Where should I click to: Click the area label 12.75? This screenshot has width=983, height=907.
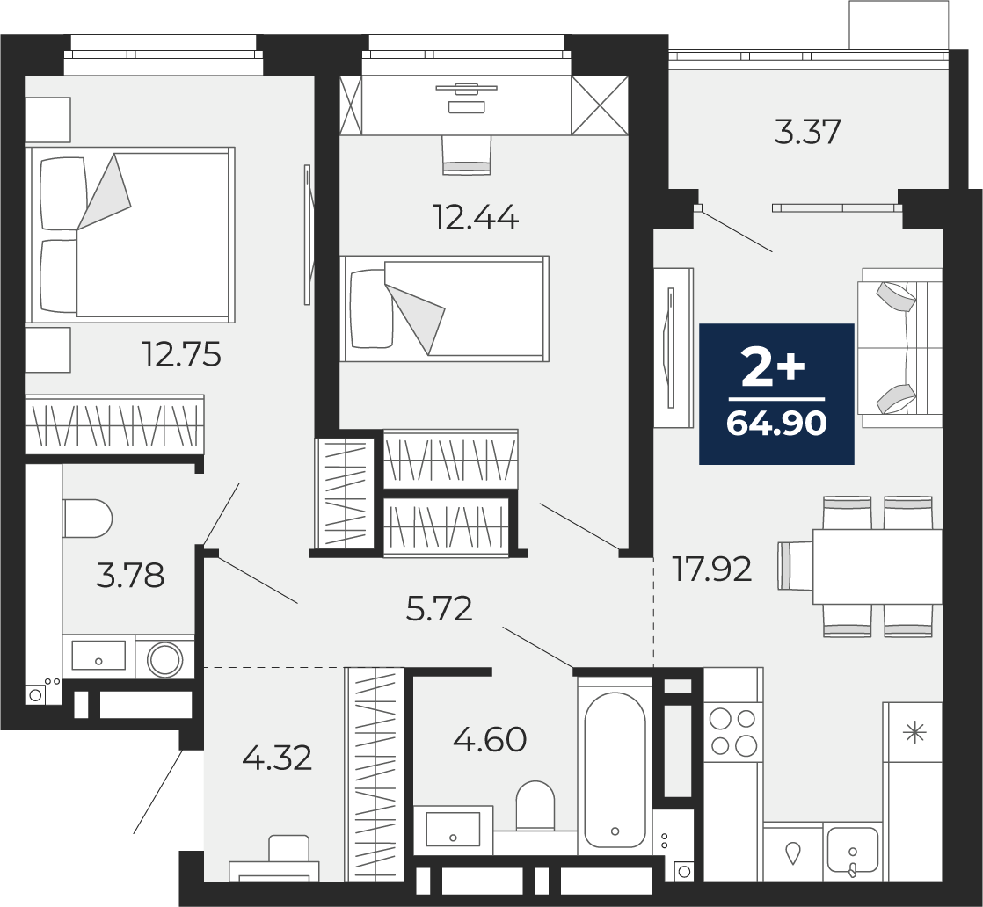pos(182,354)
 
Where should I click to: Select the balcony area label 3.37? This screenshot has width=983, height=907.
pos(807,132)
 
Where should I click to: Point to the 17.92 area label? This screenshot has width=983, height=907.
pos(711,570)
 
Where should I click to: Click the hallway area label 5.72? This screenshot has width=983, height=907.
pos(439,609)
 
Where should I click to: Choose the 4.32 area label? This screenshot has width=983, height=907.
pos(277,758)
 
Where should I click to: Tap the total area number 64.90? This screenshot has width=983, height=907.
pos(776,424)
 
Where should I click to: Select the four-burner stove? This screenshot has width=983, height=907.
pos(733,731)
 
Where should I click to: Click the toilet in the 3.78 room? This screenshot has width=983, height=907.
pos(88,519)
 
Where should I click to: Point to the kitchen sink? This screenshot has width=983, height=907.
pos(853,850)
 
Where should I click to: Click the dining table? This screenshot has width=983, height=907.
pos(877,567)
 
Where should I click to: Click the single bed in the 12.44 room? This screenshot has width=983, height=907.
pos(445,308)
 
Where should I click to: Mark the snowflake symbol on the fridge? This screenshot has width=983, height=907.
pos(915,731)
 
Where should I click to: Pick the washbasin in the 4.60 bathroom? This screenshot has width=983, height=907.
pos(453,830)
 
